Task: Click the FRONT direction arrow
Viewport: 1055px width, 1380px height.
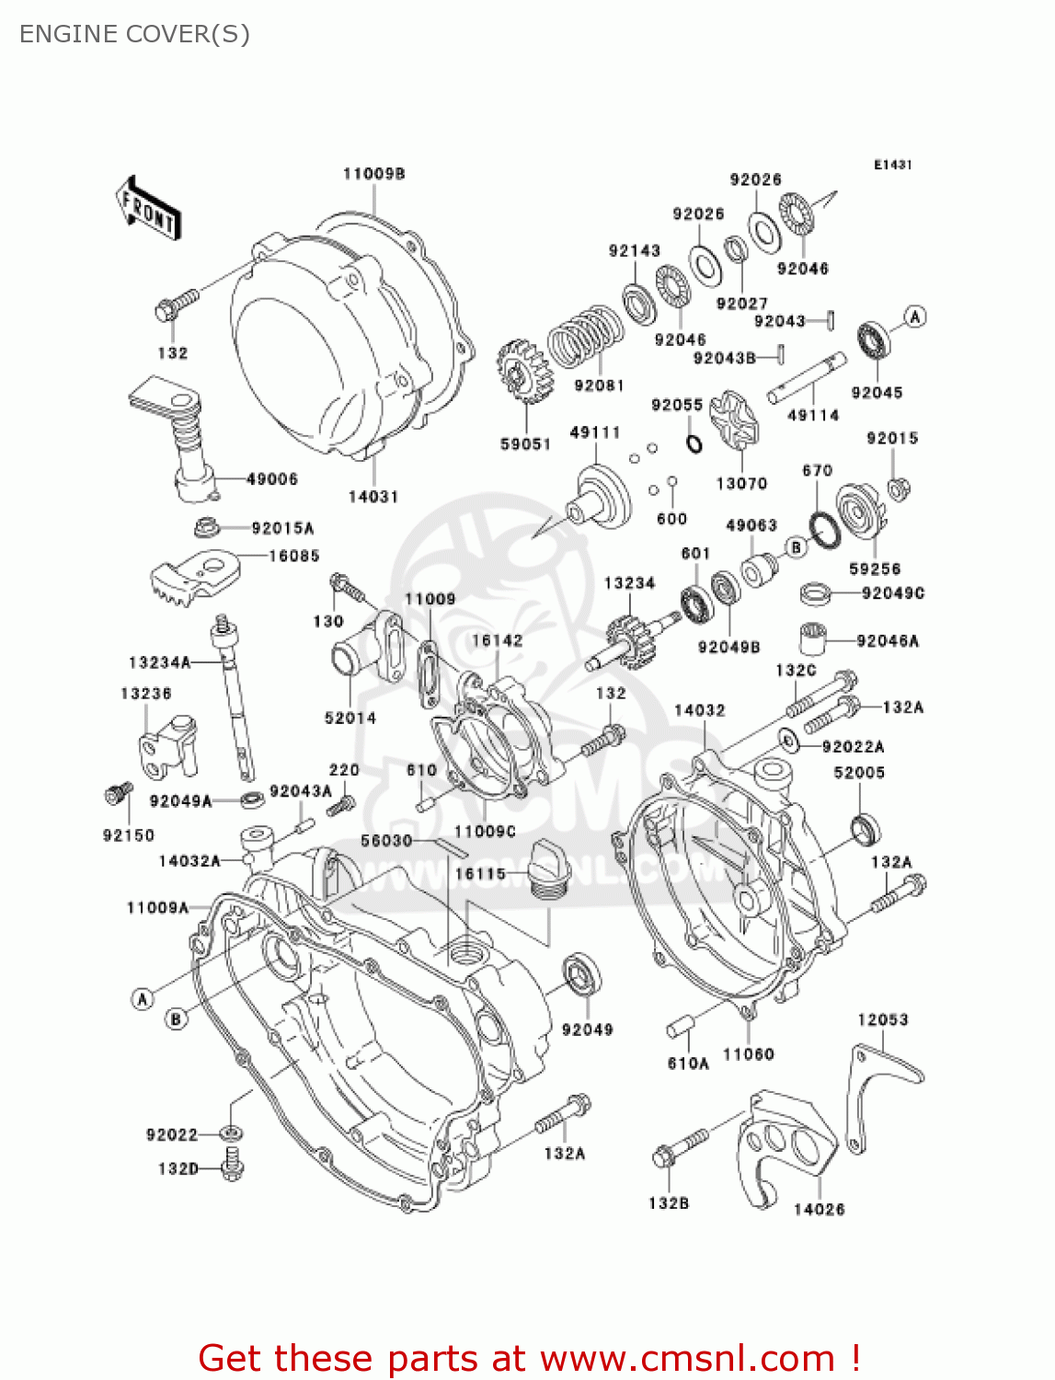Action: click(147, 209)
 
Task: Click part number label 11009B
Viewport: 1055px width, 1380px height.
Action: click(374, 174)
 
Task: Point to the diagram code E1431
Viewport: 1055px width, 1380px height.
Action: click(892, 165)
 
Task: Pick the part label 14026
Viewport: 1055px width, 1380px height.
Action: click(819, 1209)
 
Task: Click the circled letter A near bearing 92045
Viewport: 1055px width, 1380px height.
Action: click(914, 317)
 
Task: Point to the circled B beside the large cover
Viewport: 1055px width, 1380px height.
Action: click(176, 1018)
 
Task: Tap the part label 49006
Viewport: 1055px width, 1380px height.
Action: click(271, 479)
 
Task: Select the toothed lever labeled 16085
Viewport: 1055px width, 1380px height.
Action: click(193, 576)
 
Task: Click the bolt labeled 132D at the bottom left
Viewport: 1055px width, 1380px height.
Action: click(233, 1164)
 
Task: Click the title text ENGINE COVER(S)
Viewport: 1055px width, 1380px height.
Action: click(134, 34)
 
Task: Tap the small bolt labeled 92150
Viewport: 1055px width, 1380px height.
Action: click(118, 793)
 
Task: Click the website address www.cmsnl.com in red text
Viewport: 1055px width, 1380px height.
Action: click(686, 1358)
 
